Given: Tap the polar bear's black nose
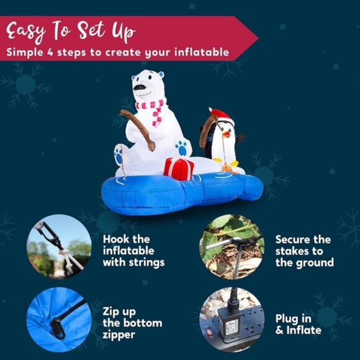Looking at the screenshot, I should [140, 88].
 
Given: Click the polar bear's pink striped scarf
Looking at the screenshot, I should [152, 110].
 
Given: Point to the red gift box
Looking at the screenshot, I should [179, 168].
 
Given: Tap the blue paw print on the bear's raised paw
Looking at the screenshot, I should [181, 148].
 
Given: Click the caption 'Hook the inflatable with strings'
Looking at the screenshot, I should [133, 250].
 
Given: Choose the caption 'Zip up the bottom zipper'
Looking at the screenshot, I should [132, 323].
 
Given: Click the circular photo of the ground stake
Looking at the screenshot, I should [232, 247].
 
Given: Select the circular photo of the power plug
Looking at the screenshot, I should [232, 319].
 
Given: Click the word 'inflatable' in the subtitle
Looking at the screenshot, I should [201, 52].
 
